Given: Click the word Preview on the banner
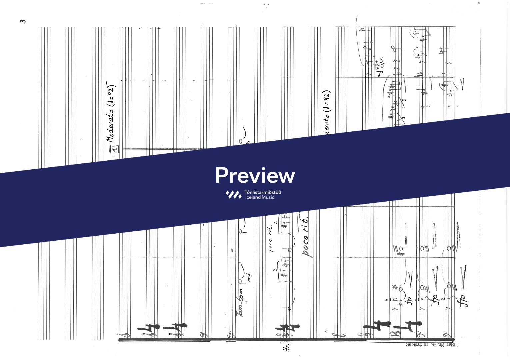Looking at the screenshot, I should click(255, 175).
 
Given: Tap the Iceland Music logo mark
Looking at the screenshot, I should click(233, 195).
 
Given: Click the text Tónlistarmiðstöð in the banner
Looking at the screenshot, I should click(263, 192).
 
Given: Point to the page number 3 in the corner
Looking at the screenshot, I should click(23, 22).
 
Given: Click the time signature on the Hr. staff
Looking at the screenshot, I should click(285, 329).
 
